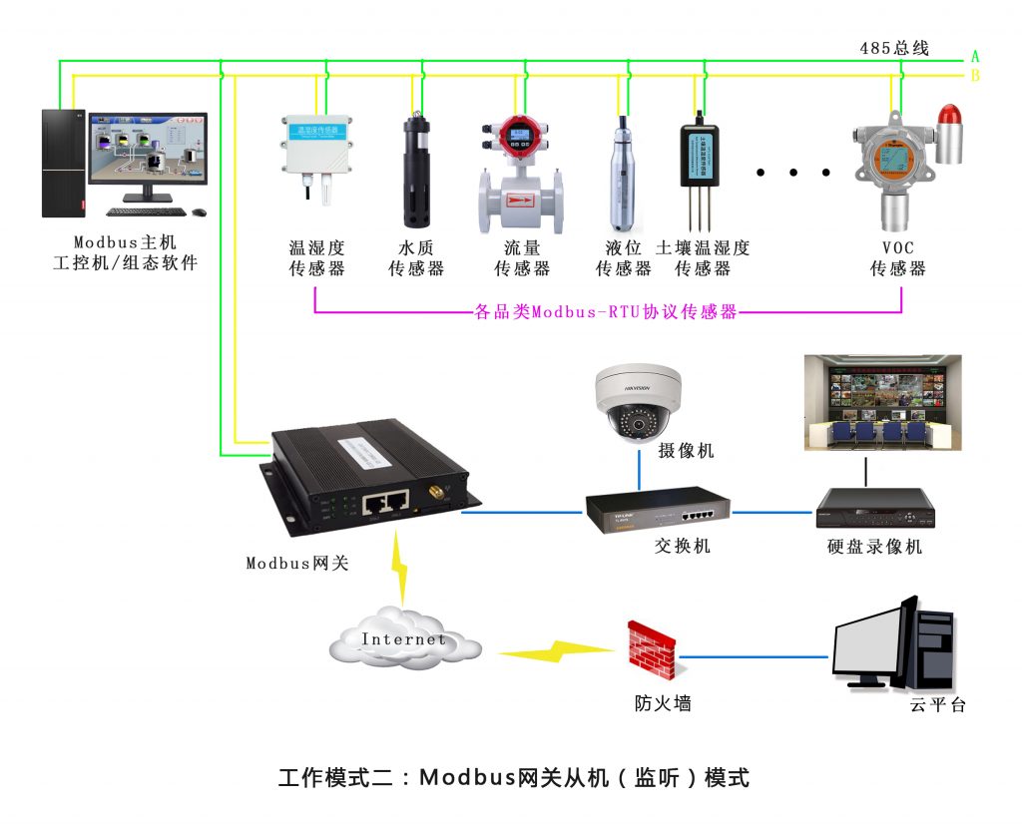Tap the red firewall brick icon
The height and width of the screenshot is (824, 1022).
point(651,650)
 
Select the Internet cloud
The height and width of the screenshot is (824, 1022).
point(403,639)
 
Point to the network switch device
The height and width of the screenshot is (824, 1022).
point(657,512)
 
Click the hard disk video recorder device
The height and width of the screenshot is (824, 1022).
point(875,508)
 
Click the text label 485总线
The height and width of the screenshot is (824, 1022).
point(894,48)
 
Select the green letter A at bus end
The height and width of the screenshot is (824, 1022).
point(975,57)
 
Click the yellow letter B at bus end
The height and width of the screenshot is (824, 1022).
point(975,76)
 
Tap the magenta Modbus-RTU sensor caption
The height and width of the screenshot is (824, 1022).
point(605,312)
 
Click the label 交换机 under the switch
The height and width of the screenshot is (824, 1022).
point(682,546)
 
